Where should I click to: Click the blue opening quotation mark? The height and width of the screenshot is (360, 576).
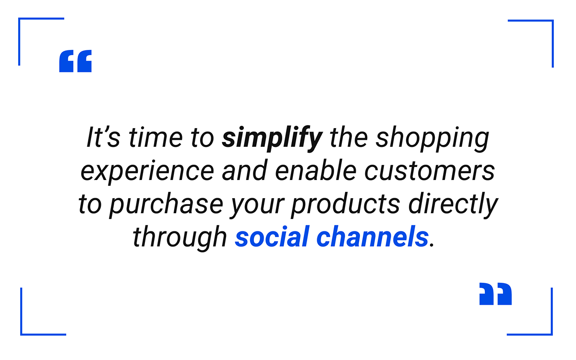click(x=75, y=61)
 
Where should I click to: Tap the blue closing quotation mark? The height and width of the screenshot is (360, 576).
click(x=495, y=294)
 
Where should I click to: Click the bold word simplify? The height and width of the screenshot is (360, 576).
click(x=272, y=138)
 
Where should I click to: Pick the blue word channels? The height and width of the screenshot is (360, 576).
click(x=372, y=236)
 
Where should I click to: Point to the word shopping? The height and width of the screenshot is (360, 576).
click(x=432, y=138)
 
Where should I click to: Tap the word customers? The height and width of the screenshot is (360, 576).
click(x=430, y=171)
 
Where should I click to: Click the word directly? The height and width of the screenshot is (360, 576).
click(x=453, y=204)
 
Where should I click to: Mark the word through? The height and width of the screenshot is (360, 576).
click(x=180, y=237)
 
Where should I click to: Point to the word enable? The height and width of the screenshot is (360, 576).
click(x=316, y=170)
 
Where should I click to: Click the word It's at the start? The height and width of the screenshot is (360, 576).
click(x=103, y=137)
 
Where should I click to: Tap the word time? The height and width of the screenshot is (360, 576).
click(x=156, y=137)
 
